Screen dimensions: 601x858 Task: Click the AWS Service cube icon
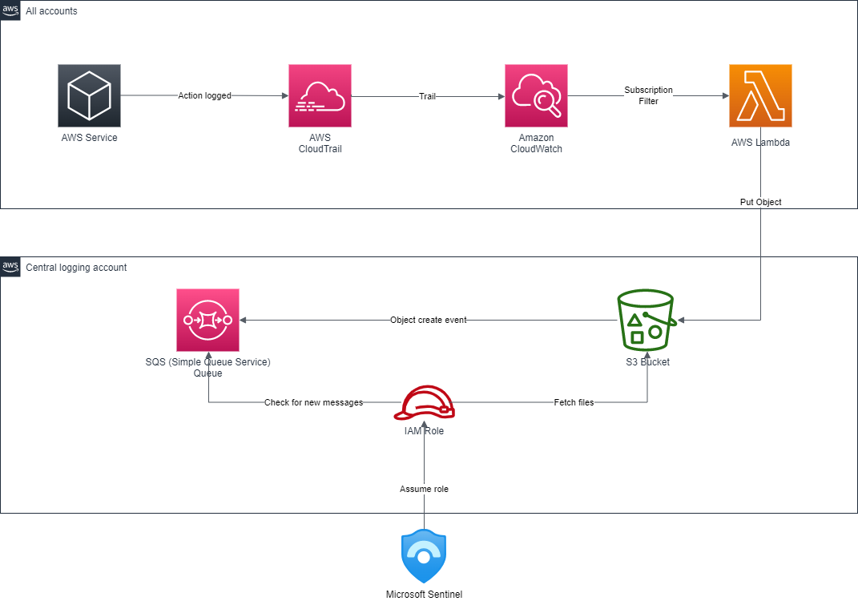[89, 96]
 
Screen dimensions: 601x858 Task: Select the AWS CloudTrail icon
[320, 96]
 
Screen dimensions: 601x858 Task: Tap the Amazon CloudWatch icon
[536, 96]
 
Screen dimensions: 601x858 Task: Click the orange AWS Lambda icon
[760, 96]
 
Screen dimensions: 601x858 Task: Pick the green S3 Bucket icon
[647, 320]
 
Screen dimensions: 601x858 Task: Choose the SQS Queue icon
[208, 321]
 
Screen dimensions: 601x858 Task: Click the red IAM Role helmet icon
[424, 403]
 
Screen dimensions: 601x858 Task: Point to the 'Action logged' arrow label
[204, 96]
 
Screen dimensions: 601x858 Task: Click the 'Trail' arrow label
[427, 96]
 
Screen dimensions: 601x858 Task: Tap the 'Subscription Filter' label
[648, 95]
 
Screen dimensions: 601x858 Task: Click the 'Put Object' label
[760, 203]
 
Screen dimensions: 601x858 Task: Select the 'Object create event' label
[428, 321]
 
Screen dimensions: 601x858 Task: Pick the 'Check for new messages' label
[313, 402]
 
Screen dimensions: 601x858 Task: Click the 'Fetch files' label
[574, 402]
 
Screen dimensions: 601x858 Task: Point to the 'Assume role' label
[424, 489]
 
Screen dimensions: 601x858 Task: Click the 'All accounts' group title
[51, 11]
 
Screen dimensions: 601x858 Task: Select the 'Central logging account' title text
[76, 268]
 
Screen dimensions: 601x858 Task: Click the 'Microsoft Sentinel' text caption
[424, 594]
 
